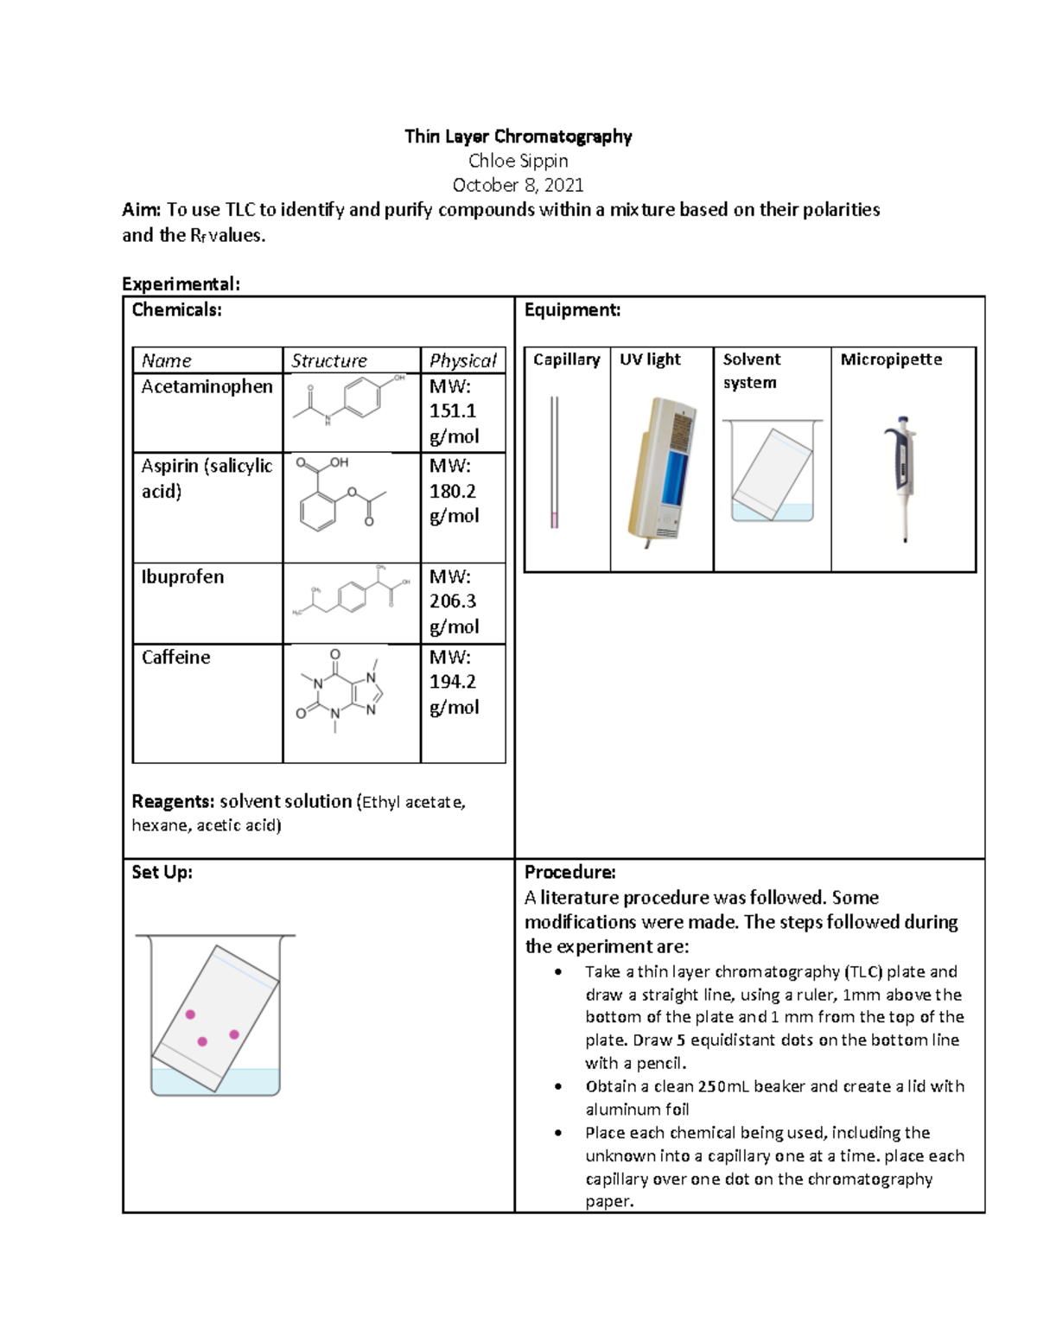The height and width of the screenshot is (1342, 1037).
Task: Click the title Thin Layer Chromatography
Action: coord(518,137)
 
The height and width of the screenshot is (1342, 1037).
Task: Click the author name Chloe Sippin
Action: coord(518,161)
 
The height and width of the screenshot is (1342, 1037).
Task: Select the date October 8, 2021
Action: coord(518,185)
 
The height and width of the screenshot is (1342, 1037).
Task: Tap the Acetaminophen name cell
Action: coord(207,387)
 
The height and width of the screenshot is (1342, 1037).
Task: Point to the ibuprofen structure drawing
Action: coord(351,592)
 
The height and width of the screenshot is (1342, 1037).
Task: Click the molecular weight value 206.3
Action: coord(453,601)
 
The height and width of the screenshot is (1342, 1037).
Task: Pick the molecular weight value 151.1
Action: coord(453,411)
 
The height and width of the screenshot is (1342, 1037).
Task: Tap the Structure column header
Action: coord(329,360)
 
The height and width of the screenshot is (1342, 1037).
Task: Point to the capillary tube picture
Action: coord(554,462)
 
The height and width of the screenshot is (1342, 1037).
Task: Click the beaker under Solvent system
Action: coord(772,472)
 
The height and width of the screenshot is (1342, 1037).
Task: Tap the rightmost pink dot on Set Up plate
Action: coord(234,1034)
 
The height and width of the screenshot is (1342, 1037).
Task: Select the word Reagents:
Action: coord(173,802)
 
